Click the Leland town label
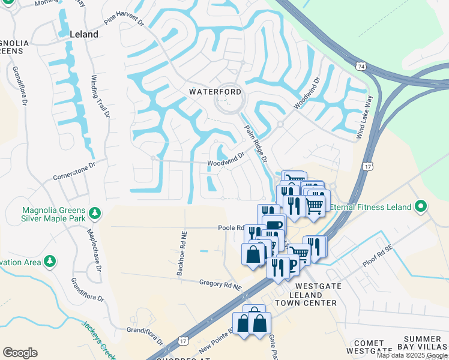click(x=83, y=34)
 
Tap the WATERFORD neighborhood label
click(x=215, y=92)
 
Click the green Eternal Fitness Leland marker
click(x=421, y=207)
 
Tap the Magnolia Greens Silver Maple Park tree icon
click(x=94, y=213)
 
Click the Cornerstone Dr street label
click(x=74, y=170)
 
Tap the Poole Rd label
click(x=229, y=228)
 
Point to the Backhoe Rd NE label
click(x=181, y=255)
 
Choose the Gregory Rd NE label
click(x=220, y=284)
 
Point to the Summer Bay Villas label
click(x=423, y=343)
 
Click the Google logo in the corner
click(x=20, y=353)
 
